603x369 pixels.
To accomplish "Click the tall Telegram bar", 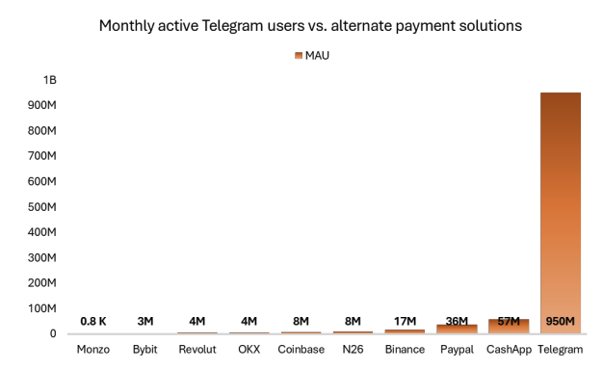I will click(560, 212).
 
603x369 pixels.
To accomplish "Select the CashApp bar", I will click(508, 327).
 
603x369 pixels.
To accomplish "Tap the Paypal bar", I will click(456, 329).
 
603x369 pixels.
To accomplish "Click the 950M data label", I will click(560, 321).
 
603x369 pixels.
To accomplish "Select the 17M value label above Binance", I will click(405, 321).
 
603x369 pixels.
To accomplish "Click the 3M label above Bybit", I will click(145, 321).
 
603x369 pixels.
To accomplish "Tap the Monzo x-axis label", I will click(93, 350).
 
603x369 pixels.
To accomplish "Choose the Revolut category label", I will click(197, 350).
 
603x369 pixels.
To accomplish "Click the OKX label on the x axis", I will click(249, 350).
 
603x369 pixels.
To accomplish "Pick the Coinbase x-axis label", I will click(301, 350).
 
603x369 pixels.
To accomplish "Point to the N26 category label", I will click(353, 350).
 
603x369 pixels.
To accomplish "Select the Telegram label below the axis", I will click(560, 350).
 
